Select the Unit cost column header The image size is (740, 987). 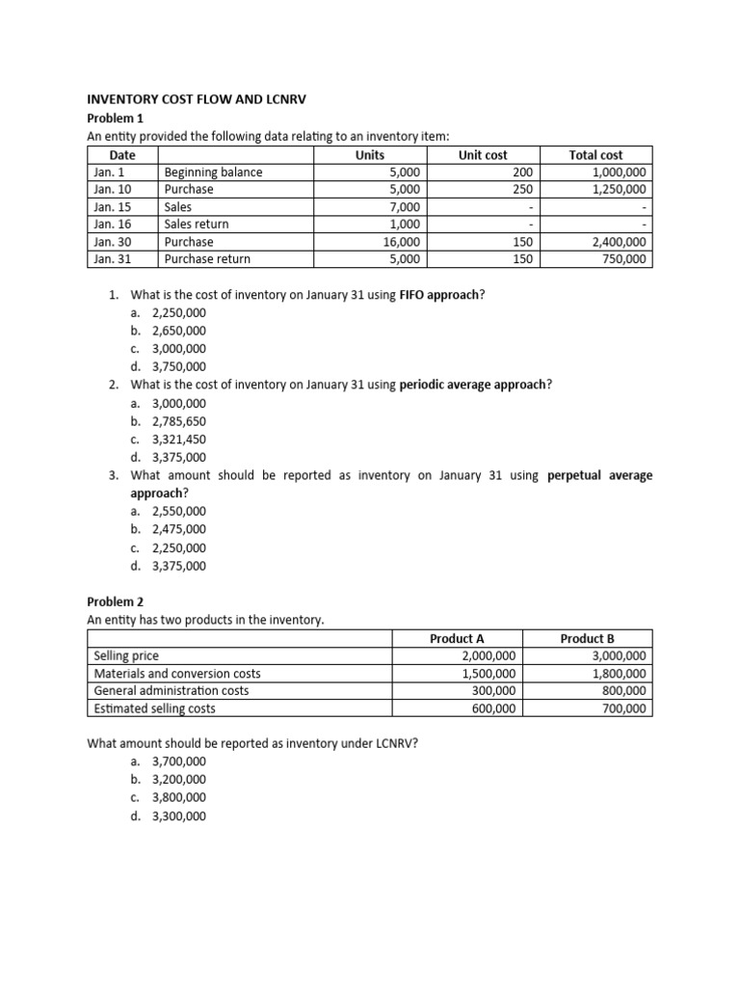click(483, 154)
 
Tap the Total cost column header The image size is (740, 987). click(595, 154)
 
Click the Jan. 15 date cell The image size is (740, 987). click(114, 207)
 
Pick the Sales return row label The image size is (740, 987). click(197, 225)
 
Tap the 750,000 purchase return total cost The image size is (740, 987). click(625, 259)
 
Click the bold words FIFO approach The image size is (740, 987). click(439, 295)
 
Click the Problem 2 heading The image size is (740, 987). click(115, 601)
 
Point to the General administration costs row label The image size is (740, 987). click(172, 691)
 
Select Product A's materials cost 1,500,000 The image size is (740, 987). click(489, 674)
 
